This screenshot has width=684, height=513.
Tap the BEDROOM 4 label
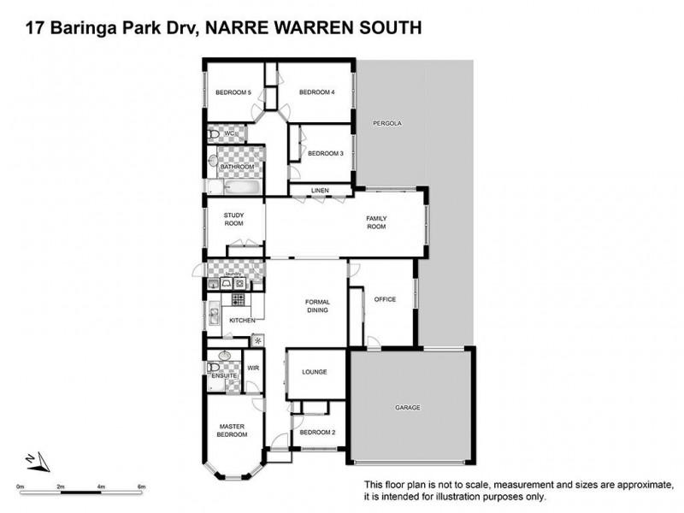(x=316, y=92)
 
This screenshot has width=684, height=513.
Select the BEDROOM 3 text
(x=325, y=153)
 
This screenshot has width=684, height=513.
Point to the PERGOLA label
(x=387, y=124)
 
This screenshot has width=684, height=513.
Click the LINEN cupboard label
(x=320, y=190)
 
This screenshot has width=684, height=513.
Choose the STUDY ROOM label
(x=233, y=219)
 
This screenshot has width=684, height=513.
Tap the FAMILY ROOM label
(x=376, y=223)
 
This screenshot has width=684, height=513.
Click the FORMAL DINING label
(x=318, y=305)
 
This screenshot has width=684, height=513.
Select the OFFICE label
(x=385, y=298)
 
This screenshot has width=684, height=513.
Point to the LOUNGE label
(x=315, y=372)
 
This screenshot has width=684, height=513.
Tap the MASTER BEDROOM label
(x=233, y=430)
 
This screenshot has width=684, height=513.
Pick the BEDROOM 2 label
(x=319, y=432)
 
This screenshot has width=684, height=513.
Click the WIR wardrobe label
(x=253, y=368)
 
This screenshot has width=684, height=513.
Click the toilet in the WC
(x=212, y=134)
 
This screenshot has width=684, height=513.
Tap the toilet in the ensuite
(x=213, y=369)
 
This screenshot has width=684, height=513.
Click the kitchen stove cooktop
(x=239, y=299)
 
